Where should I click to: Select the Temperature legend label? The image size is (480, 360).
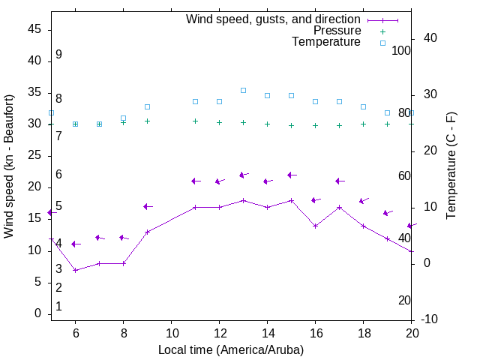(326, 42)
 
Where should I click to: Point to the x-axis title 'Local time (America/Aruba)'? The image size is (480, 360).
(231, 349)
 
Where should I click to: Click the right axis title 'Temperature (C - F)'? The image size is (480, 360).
(451, 166)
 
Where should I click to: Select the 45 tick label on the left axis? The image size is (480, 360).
(34, 29)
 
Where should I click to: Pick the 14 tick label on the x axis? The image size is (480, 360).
(267, 333)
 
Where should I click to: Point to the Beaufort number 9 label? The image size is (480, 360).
(58, 55)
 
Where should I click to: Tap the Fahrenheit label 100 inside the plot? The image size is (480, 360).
(402, 51)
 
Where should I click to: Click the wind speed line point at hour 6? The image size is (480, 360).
(75, 270)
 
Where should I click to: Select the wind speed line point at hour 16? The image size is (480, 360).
(315, 225)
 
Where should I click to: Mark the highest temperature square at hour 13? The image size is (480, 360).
(243, 90)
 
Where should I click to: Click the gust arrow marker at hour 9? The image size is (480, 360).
(147, 206)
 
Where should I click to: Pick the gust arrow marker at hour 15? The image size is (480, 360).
(291, 175)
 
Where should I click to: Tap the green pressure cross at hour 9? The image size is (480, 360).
(147, 121)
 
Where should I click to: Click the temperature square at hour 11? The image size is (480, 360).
(195, 101)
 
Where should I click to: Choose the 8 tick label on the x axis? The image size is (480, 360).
(123, 333)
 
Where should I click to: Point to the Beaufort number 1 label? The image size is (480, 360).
(58, 307)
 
